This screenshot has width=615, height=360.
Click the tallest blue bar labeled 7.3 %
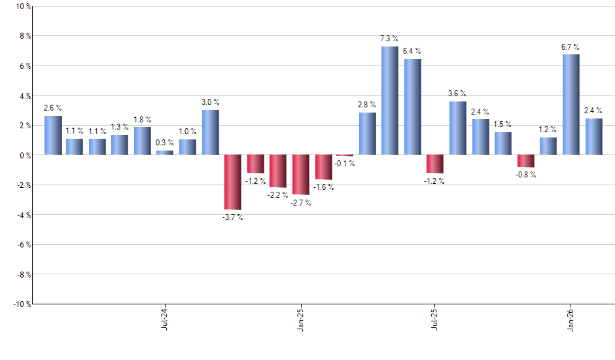389,101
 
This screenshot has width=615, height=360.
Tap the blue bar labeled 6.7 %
571,105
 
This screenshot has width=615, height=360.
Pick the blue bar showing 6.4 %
412,107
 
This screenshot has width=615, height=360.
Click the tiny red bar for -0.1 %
344,156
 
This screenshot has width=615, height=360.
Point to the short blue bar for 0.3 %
165,153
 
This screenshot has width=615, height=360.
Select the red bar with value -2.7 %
300,175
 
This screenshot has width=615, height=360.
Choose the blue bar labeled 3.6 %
457,128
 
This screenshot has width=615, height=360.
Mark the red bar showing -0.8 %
525,161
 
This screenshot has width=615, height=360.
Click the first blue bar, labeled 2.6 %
53,135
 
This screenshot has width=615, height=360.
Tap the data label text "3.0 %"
210,102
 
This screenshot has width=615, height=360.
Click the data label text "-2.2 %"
278,195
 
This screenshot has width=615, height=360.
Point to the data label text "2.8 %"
367,105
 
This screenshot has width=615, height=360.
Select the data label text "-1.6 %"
323,187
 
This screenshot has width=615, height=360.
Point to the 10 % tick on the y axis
22,7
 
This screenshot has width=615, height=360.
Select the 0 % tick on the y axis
24,155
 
